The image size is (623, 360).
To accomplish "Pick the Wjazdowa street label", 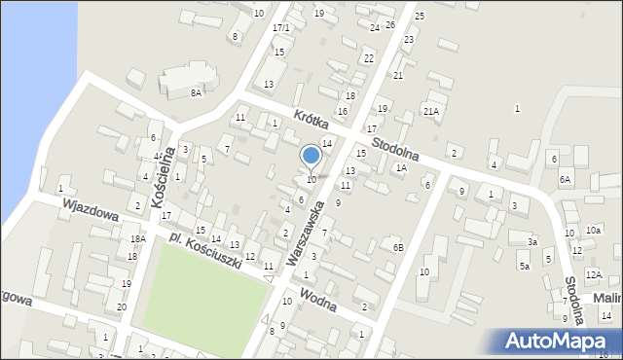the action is point(90,211).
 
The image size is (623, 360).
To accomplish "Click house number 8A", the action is point(196,92).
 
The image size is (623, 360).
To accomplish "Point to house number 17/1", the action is point(280,27).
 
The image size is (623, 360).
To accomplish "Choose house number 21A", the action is point(430,112).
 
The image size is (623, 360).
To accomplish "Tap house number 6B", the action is point(397,248).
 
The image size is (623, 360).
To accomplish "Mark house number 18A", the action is point(138,238).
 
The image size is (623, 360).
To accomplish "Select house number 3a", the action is point(531,241).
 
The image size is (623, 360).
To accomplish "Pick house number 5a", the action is point(524,266).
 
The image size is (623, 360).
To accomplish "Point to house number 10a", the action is point(593,230).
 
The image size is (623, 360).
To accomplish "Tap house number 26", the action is point(390,24).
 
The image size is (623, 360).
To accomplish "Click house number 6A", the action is point(565,179).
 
